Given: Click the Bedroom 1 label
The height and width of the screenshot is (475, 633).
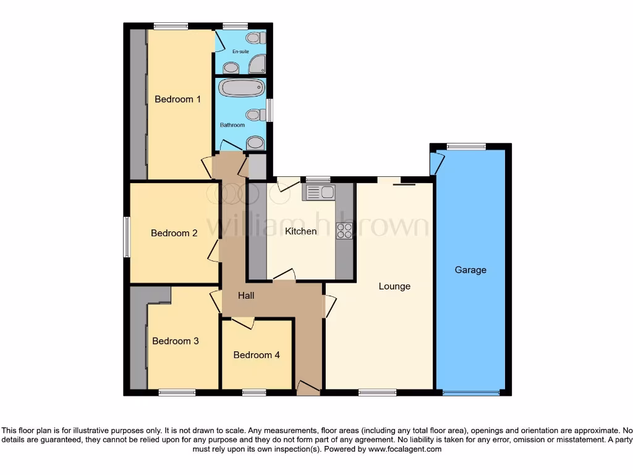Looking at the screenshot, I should [177, 99].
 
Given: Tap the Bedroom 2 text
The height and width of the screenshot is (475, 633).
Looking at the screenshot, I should [174, 233].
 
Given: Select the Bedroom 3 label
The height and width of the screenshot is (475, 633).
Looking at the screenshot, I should [176, 341].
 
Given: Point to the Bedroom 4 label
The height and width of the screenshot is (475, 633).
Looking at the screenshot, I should [257, 355].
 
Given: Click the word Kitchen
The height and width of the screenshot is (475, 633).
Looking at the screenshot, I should [300, 231].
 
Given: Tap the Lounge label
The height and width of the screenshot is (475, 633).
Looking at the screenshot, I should [394, 286].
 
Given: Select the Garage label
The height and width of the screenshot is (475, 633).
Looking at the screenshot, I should [470, 270].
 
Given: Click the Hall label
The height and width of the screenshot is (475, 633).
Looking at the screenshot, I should [247, 296].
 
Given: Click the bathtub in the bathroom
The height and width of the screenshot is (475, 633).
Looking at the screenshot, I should [242, 88].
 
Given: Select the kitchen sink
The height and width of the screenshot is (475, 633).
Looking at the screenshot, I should [318, 192].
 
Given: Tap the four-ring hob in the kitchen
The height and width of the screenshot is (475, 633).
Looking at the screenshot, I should [344, 231].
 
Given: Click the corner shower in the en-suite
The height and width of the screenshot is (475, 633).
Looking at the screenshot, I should [257, 64].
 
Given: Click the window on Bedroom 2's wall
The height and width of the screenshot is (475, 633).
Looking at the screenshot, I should [126, 236].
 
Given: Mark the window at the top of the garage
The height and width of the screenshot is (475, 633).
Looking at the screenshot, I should [466, 147].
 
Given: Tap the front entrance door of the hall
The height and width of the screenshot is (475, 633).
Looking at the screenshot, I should [308, 388].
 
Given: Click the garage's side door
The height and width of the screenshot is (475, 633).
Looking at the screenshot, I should [437, 163].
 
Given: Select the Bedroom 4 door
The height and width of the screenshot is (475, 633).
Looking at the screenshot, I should [243, 322].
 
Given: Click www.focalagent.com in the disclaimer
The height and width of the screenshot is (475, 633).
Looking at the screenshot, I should [404, 449].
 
